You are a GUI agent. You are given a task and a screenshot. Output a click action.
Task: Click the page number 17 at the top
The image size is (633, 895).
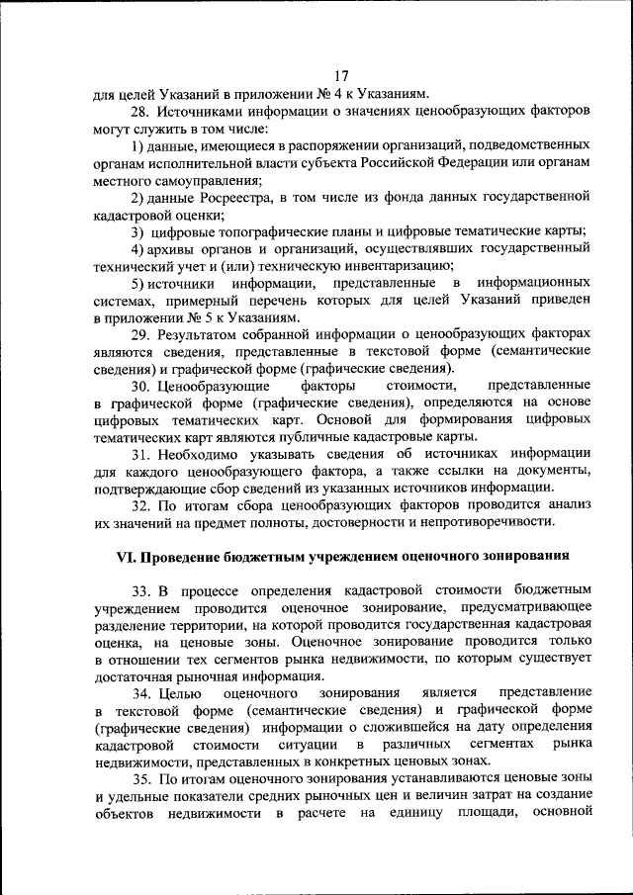tap(342, 76)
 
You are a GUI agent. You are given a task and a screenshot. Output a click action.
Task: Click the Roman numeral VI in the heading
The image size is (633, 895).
tap(127, 555)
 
